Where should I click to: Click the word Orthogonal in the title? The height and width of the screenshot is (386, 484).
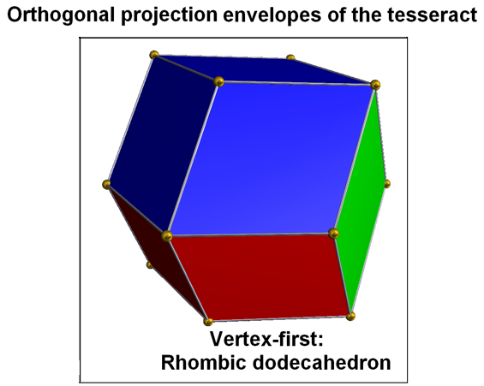[61, 15]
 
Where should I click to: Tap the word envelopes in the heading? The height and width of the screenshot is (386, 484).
[272, 15]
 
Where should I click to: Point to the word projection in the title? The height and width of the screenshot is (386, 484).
[169, 15]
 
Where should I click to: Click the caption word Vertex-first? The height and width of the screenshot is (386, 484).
[266, 339]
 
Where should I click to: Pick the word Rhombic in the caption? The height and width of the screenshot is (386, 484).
[204, 362]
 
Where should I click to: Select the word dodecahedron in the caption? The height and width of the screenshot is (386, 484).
[321, 362]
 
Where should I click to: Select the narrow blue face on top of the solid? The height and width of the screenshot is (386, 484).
[262, 69]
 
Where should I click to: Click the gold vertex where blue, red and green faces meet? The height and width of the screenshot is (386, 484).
[333, 234]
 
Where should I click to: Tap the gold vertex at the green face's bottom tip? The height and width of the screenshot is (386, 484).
[350, 316]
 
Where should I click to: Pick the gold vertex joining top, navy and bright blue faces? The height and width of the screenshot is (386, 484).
[218, 81]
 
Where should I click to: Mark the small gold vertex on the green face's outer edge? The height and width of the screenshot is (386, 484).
[387, 184]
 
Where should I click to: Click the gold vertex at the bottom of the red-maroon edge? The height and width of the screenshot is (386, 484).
[208, 322]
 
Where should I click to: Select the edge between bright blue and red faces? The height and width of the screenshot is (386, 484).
[250, 235]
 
